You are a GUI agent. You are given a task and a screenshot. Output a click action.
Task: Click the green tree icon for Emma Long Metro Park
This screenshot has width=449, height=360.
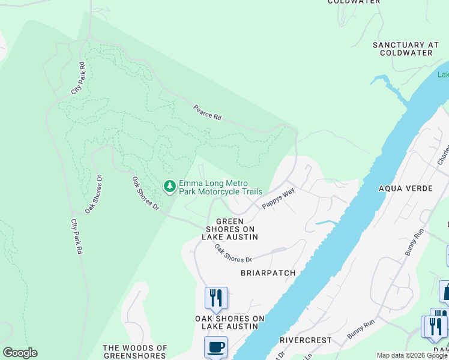(170, 187)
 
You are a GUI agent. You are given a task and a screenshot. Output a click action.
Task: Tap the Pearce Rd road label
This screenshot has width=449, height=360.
(207, 113)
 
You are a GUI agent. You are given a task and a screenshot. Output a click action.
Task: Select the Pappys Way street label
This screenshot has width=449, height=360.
(278, 199)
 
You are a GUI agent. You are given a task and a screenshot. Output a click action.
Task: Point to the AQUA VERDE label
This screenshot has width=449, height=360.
(405, 188)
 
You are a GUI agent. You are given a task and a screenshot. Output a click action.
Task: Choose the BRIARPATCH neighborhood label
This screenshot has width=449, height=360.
(268, 273)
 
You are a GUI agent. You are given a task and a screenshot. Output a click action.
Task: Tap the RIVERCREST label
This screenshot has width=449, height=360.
(306, 340)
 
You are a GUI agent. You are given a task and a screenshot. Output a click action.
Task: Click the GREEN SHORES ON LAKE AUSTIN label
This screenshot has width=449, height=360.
(229, 229)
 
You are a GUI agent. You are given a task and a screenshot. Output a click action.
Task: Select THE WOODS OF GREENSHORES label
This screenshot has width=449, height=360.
(135, 352)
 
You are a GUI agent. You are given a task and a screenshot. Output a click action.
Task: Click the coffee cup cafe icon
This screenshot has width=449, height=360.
(215, 347)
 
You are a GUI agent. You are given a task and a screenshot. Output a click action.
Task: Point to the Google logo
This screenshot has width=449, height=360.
(20, 353)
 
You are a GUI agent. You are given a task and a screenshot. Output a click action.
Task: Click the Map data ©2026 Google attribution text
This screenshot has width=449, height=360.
(412, 356)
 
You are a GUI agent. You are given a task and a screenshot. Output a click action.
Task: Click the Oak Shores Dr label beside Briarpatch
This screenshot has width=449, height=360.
(234, 255)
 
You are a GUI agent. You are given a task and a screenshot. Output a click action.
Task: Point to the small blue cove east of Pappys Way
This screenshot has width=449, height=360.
(324, 223)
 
